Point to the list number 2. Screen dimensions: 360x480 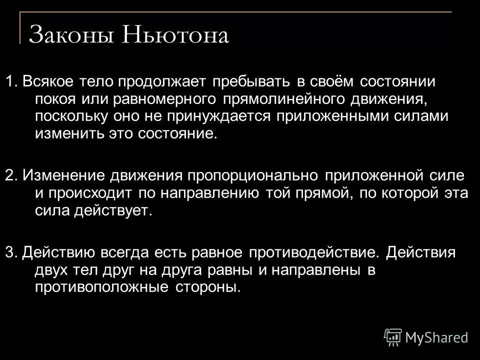[10, 176]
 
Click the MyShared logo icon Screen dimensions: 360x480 [393, 336]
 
